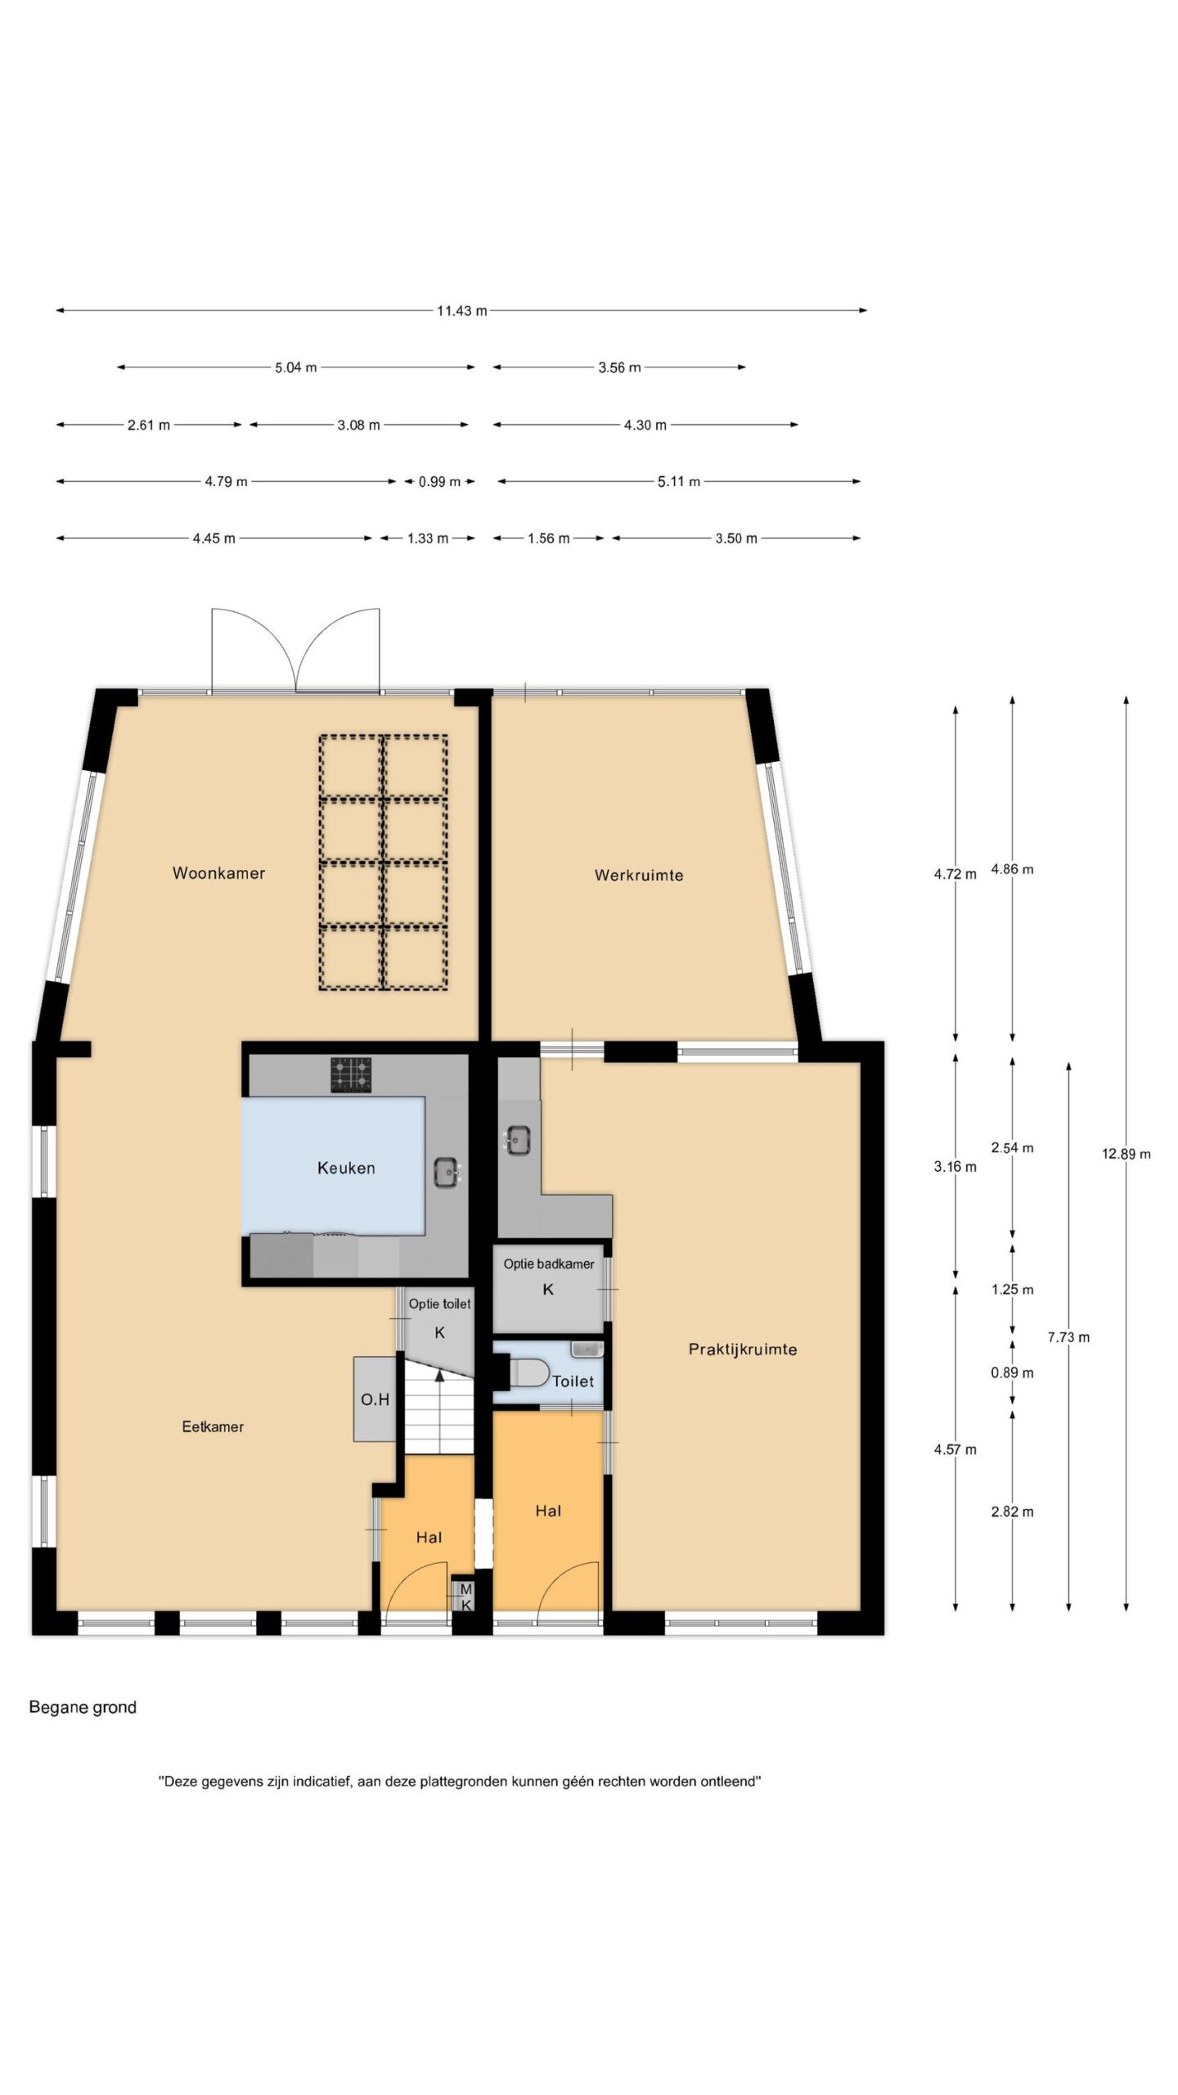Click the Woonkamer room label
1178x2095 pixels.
click(218, 873)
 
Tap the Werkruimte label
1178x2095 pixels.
click(639, 875)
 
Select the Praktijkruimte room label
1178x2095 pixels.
click(743, 1349)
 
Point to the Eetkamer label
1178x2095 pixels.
click(213, 1426)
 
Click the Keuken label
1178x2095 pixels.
click(346, 1168)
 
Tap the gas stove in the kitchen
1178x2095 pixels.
click(351, 1075)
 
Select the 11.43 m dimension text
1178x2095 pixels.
click(461, 311)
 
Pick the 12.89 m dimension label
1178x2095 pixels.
click(1126, 1154)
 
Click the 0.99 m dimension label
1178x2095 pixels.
click(439, 482)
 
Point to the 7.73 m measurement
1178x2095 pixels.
click(1068, 1337)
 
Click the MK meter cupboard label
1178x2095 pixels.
click(465, 1597)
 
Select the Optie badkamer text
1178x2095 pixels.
click(549, 1264)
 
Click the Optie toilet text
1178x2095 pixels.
click(439, 1304)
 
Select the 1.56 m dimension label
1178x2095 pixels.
click(548, 538)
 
